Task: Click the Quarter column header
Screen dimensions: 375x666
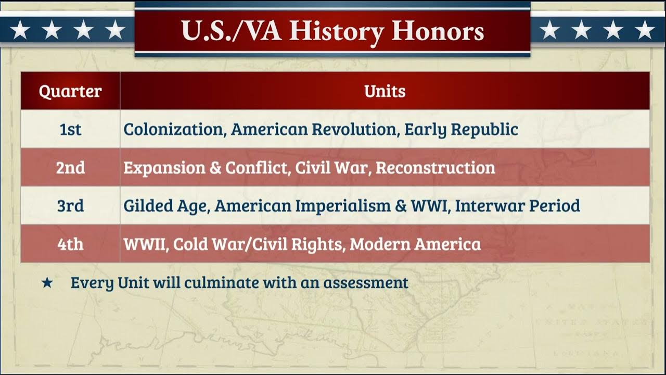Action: [70, 91]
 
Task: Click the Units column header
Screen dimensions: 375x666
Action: [385, 91]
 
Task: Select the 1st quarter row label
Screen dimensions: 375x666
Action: [70, 129]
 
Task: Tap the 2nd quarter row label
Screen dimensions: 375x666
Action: [70, 168]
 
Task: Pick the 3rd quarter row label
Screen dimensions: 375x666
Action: [70, 206]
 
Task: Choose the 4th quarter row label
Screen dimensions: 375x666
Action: [70, 244]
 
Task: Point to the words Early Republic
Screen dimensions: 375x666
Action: [461, 129]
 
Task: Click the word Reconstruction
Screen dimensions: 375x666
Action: [435, 168]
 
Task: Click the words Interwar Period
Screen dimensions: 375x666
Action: [517, 206]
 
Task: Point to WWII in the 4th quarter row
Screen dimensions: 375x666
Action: [144, 244]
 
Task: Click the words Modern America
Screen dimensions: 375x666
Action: [415, 244]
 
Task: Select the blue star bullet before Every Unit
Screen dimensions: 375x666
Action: [47, 283]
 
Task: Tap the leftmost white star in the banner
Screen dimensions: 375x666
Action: [20, 30]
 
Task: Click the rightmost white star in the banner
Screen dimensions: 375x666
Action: [645, 30]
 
